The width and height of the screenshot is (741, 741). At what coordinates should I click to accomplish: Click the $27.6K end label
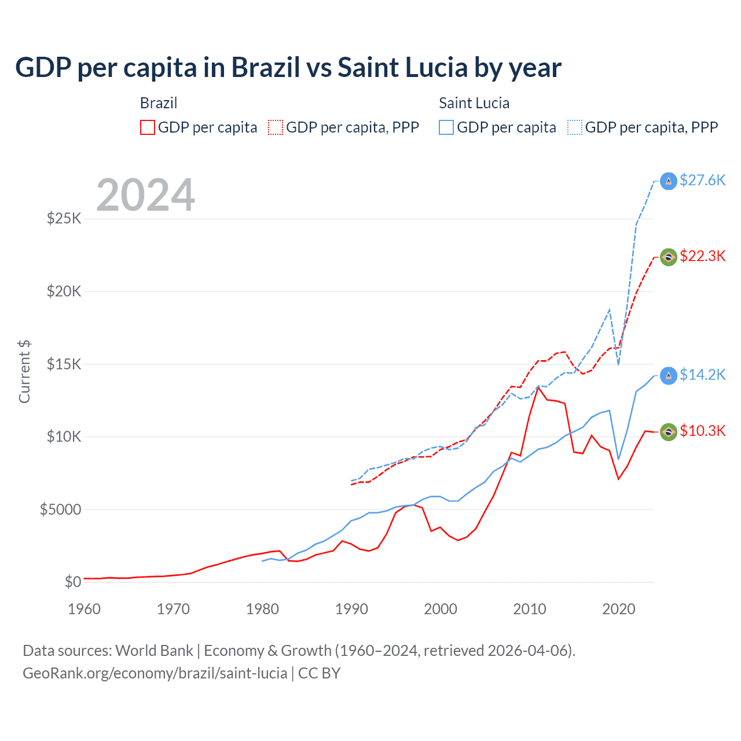click(x=702, y=181)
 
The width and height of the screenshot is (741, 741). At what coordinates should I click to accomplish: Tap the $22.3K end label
click(x=702, y=256)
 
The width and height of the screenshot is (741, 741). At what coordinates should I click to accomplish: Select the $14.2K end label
click(x=702, y=375)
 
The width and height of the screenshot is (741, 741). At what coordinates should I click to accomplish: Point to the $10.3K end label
click(x=702, y=431)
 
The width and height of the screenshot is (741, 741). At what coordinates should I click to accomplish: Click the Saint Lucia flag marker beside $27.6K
click(x=669, y=181)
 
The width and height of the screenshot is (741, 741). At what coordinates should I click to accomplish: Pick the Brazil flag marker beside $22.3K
click(x=669, y=257)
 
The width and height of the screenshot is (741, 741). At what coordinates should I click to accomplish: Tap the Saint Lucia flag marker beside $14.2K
click(x=669, y=376)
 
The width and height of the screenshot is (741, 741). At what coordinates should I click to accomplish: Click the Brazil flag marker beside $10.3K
click(x=669, y=432)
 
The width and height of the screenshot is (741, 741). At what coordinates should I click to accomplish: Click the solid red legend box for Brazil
click(x=148, y=127)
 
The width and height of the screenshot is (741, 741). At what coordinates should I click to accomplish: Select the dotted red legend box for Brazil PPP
click(x=276, y=127)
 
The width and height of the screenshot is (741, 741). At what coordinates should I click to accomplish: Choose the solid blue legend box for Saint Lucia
click(x=446, y=127)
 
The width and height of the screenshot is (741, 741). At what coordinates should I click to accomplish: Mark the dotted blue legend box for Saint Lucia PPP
click(x=575, y=127)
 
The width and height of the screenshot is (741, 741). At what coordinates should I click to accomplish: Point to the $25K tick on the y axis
click(x=64, y=219)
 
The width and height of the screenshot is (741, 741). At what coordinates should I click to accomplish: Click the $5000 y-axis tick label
click(x=60, y=510)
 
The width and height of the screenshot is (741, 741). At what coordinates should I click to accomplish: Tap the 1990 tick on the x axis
click(x=351, y=609)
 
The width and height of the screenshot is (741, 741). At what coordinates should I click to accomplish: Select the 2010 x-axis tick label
click(x=530, y=609)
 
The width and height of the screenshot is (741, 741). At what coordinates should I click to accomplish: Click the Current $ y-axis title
click(x=24, y=372)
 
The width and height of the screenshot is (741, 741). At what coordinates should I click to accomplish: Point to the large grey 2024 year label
click(x=145, y=195)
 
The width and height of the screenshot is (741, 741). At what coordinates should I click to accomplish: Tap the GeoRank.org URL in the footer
click(x=155, y=673)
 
